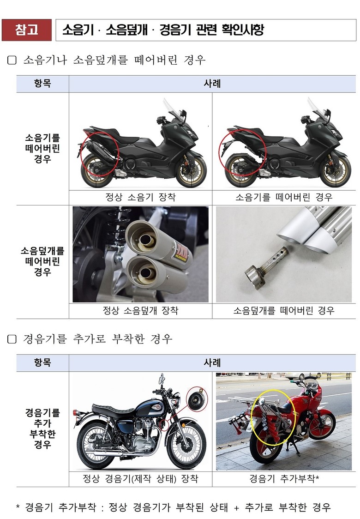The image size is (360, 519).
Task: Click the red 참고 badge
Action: point(27,30)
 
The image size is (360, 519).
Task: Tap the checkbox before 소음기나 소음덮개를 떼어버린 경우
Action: point(12,60)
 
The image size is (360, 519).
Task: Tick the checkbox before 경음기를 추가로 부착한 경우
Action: point(12,339)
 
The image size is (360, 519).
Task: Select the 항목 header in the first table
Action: point(42,84)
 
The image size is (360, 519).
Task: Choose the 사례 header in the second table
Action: point(212,362)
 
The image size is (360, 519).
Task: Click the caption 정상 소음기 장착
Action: point(140,197)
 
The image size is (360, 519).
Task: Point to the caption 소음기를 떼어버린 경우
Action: point(284,197)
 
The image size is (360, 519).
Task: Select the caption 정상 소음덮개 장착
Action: point(140,310)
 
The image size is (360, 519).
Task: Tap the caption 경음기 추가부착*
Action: point(284,479)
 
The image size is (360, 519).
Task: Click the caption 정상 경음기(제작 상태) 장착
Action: point(140,479)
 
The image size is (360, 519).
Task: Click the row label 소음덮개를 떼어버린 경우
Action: point(42,261)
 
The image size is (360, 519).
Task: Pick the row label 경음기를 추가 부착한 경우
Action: point(42,428)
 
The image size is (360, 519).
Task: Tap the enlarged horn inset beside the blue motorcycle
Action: point(197,400)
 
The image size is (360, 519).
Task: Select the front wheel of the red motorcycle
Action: point(320,425)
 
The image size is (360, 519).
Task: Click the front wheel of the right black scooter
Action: point(336,170)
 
